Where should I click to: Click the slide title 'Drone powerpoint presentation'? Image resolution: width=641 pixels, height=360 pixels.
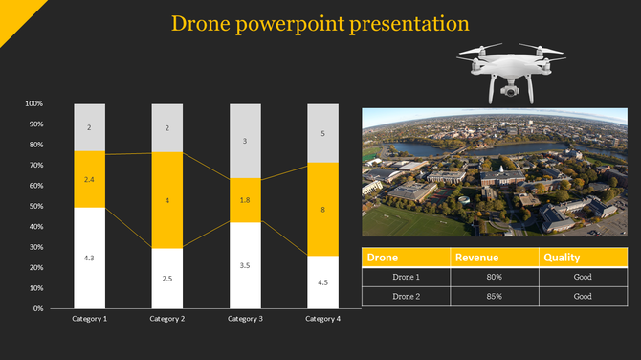[319, 22]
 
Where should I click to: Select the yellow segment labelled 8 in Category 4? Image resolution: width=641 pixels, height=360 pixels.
[322, 209]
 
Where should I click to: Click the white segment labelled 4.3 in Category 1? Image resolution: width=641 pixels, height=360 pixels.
[89, 258]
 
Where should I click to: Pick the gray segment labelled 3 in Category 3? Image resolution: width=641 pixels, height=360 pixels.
[245, 141]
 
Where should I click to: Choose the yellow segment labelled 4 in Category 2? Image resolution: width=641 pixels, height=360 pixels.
[166, 200]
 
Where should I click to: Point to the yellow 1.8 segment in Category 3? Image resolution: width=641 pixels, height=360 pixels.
[245, 200]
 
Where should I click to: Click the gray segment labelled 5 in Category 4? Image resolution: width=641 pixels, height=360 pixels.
[322, 133]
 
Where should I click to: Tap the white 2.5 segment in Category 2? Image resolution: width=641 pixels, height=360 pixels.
[166, 278]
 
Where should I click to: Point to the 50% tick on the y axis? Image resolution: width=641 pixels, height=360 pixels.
[34, 206]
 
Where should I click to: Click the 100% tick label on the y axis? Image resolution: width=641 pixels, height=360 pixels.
[33, 103]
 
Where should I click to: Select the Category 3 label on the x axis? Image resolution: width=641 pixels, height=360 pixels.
[245, 318]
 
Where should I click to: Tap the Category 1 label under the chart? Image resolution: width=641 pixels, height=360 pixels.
[89, 318]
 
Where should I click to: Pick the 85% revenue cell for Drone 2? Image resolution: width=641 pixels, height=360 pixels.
[494, 297]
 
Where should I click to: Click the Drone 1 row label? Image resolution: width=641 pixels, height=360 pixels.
[407, 278]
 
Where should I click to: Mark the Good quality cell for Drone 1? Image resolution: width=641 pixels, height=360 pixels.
[582, 278]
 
